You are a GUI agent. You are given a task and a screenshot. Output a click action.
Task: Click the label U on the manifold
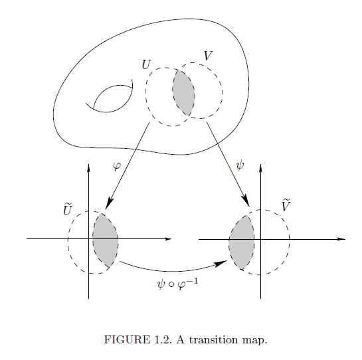(x=146, y=64)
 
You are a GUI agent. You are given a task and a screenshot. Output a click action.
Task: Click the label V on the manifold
(x=209, y=56)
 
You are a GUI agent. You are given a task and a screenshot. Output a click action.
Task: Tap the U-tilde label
(x=68, y=209)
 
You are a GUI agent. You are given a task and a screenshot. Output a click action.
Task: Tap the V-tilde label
(x=286, y=205)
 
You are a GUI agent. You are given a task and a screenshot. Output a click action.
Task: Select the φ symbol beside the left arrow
(x=117, y=166)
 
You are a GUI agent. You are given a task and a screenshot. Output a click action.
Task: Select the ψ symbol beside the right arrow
(x=240, y=165)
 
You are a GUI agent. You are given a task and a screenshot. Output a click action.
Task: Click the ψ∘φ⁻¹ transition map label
(x=177, y=284)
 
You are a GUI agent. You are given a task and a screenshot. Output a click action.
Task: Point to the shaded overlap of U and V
(x=183, y=93)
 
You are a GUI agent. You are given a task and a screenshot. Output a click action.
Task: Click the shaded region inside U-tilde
(x=105, y=240)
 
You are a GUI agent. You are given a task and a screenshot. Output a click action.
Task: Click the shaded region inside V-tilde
(x=242, y=242)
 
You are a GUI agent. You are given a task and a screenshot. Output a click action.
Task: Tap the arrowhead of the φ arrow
(x=109, y=203)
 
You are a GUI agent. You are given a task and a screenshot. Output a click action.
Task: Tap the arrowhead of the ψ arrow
(x=246, y=201)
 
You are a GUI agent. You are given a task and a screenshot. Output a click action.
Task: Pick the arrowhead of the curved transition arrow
(x=221, y=264)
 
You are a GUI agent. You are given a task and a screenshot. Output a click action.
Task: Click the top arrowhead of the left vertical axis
(x=88, y=167)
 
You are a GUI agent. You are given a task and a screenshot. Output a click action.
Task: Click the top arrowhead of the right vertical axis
(x=260, y=167)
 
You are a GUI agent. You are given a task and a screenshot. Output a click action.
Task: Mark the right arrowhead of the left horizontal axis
(x=168, y=238)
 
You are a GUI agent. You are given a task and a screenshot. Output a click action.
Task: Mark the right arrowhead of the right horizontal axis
(x=341, y=239)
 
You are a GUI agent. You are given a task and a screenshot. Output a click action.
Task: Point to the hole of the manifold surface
(x=111, y=99)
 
